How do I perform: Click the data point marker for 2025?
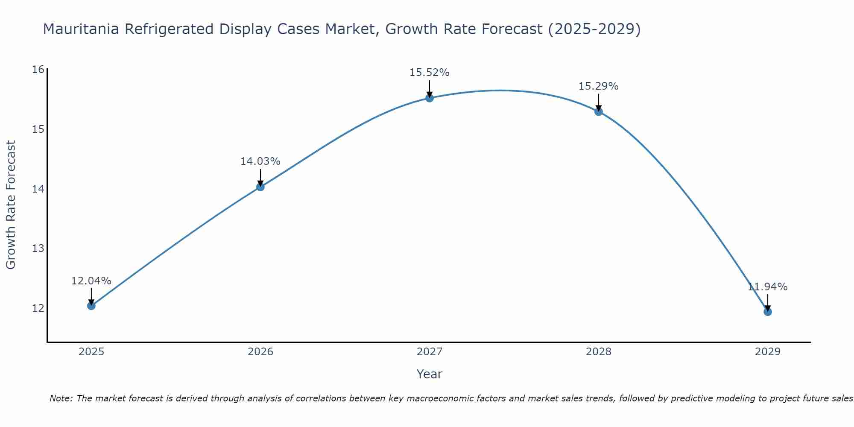click(91, 306)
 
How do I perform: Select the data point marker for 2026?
click(260, 187)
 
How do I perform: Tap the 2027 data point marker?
click(430, 98)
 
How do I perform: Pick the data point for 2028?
click(599, 111)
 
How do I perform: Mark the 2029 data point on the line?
click(768, 312)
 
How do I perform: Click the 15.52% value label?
click(430, 73)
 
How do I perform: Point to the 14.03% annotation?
click(260, 161)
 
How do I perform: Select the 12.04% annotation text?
click(91, 281)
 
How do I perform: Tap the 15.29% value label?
click(599, 86)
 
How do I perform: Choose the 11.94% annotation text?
click(768, 287)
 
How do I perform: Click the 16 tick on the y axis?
click(38, 69)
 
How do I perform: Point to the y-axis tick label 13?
click(38, 248)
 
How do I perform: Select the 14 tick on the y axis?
click(38, 189)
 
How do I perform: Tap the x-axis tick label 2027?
click(430, 352)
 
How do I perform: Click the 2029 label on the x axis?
click(768, 352)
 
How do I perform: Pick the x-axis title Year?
click(430, 374)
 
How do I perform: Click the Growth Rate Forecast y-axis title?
click(11, 205)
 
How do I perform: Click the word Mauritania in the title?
click(82, 29)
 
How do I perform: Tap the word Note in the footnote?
click(61, 399)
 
